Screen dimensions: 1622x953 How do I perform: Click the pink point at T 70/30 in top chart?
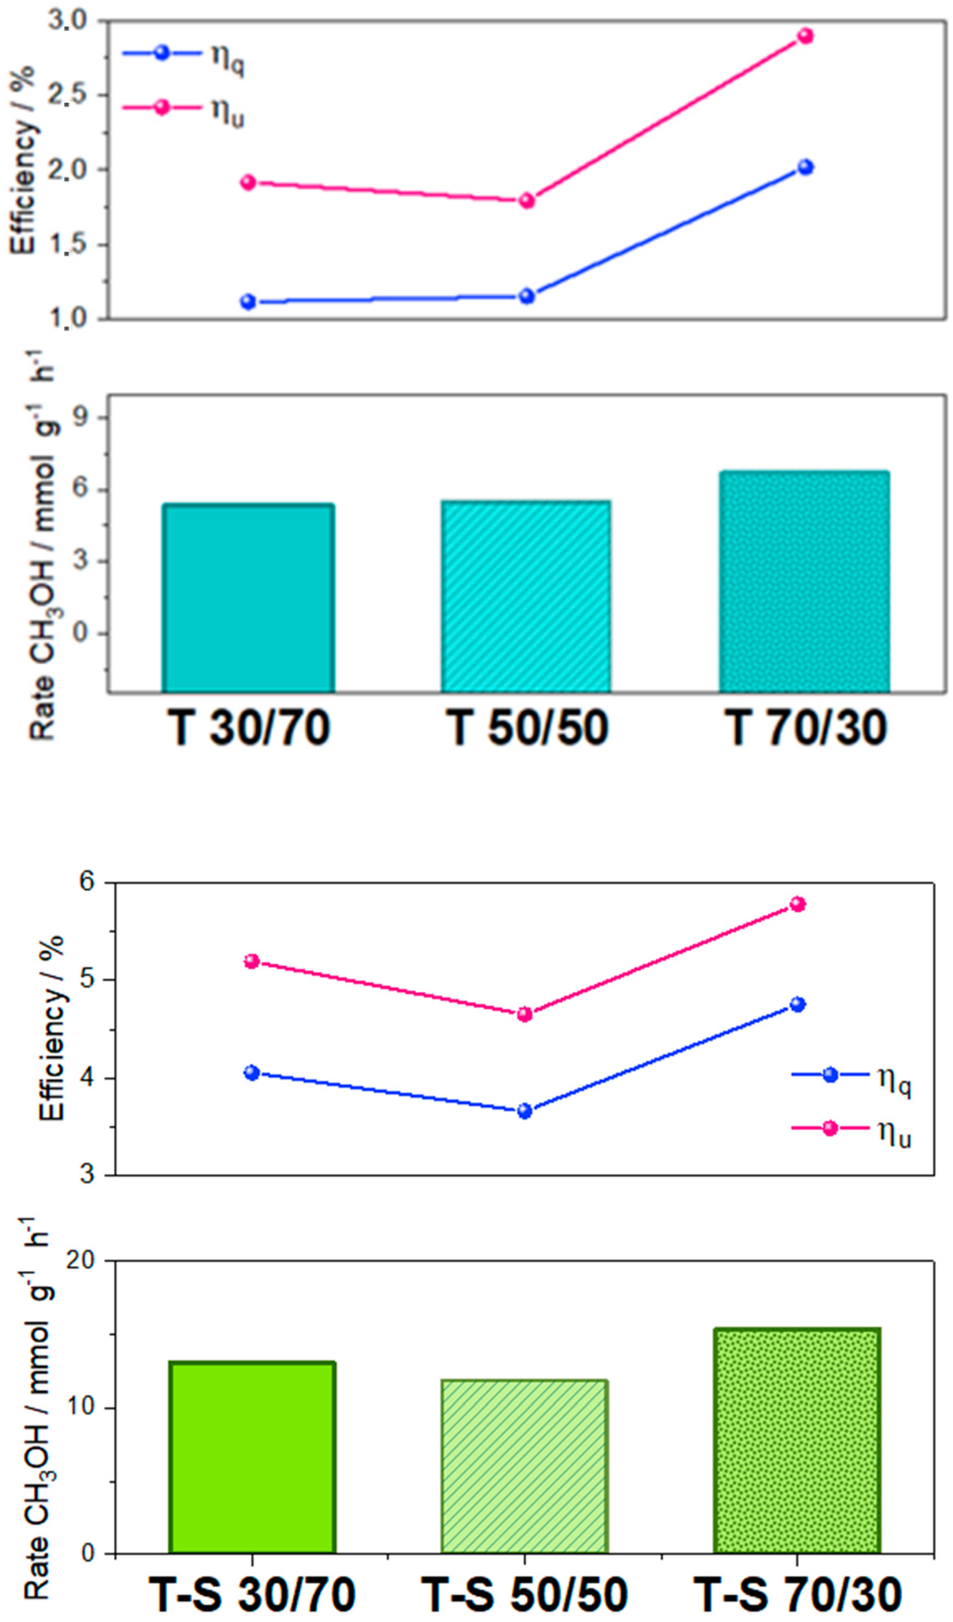pyautogui.click(x=805, y=36)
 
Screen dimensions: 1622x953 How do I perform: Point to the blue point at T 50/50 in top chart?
pyautogui.click(x=526, y=296)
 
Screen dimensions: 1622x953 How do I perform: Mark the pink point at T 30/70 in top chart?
pyautogui.click(x=248, y=182)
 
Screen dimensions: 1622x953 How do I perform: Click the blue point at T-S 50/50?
pyautogui.click(x=524, y=1111)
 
